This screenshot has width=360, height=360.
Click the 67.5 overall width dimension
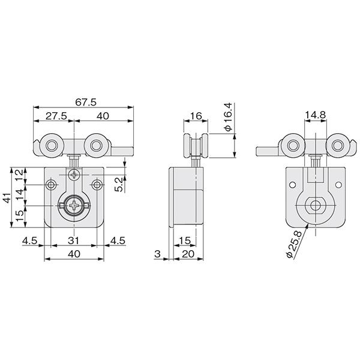(x=86, y=103)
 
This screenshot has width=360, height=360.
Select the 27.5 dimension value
(x=56, y=116)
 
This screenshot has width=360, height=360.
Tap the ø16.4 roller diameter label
(x=229, y=117)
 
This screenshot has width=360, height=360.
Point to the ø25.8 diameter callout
(x=294, y=245)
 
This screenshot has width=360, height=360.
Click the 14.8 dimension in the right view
(x=316, y=115)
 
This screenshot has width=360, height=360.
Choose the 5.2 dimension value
(x=119, y=185)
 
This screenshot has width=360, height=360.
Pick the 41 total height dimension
(x=7, y=197)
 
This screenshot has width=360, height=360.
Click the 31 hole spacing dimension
(x=73, y=241)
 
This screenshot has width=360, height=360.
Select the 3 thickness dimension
(x=157, y=254)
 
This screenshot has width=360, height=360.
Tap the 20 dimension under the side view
(x=188, y=254)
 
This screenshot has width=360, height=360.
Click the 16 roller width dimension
(x=196, y=116)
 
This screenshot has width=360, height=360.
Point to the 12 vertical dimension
(x=20, y=175)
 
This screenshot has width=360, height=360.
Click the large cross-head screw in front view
(x=74, y=205)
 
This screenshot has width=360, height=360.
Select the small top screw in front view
(x=74, y=175)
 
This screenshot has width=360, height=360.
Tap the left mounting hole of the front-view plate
(x=51, y=185)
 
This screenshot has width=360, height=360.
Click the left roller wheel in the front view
(x=52, y=145)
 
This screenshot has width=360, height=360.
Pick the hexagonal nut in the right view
(x=315, y=205)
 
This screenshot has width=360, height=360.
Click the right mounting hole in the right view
(x=338, y=185)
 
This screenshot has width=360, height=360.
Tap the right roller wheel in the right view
(x=337, y=145)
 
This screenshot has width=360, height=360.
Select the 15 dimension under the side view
(x=185, y=241)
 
